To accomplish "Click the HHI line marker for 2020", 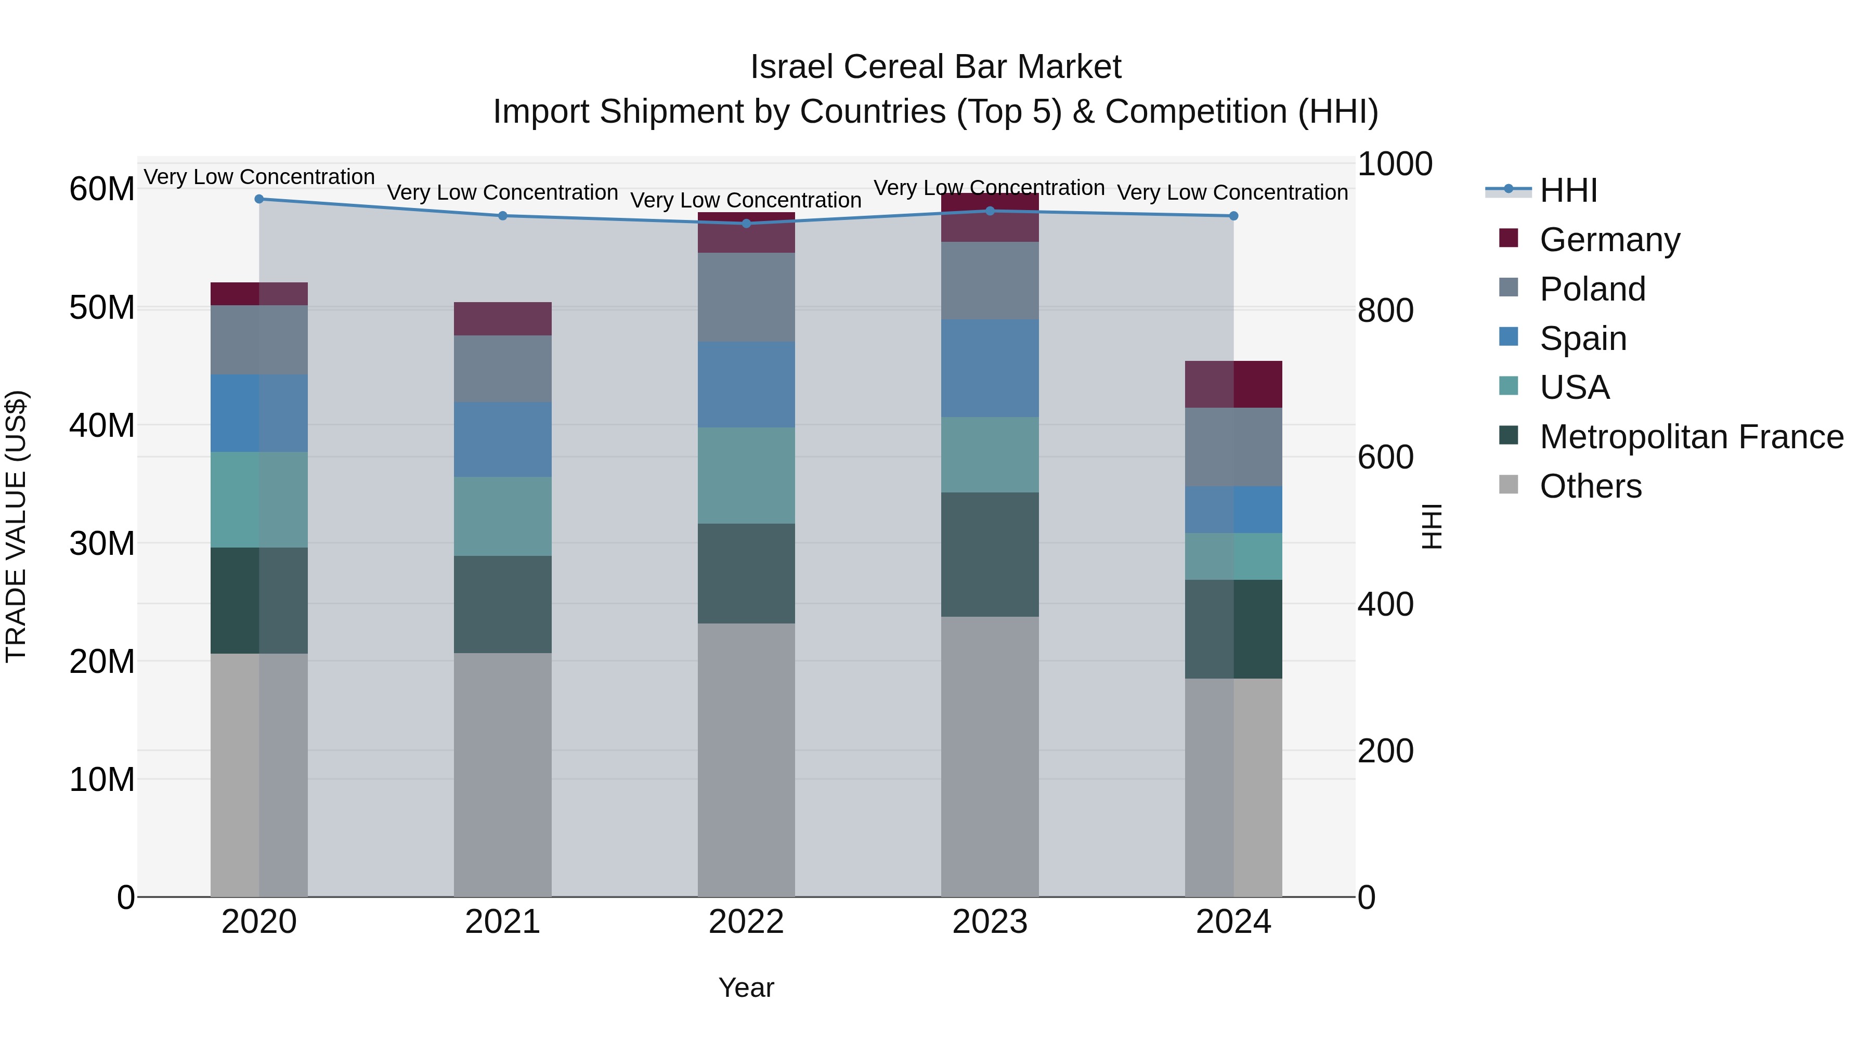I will click(x=259, y=199).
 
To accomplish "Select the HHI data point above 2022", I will click(x=746, y=224).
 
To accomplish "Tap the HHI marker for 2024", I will click(x=1233, y=216).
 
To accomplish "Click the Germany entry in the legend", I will click(x=1609, y=240).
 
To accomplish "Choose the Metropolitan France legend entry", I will click(x=1691, y=437).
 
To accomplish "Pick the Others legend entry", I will click(x=1590, y=486).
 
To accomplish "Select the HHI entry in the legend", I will click(x=1567, y=190).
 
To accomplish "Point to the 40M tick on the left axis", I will click(x=102, y=425).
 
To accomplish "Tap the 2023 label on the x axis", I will click(x=989, y=922).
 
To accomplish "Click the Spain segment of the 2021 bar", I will click(x=502, y=439).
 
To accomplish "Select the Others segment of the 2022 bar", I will click(x=746, y=759).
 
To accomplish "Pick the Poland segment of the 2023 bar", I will click(x=989, y=280).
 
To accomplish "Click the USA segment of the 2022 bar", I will click(x=746, y=475).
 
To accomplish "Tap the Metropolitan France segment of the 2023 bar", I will click(x=989, y=554).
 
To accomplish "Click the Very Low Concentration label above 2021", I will click(x=502, y=192).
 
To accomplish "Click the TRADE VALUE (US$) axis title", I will click(x=16, y=526).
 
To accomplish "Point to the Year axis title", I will click(x=746, y=987).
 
